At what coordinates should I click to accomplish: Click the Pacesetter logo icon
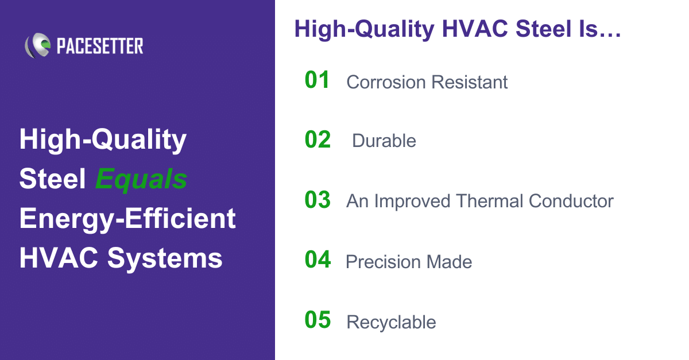(x=38, y=45)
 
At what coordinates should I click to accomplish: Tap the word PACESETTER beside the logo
(x=100, y=46)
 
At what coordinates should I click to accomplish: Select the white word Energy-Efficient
(x=127, y=219)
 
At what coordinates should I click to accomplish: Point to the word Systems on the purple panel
(x=165, y=258)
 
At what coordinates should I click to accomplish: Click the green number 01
(x=317, y=80)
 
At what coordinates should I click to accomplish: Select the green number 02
(x=318, y=140)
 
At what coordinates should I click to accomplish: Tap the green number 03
(x=318, y=200)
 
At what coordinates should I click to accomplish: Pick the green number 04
(x=318, y=260)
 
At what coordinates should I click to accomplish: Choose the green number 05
(x=318, y=320)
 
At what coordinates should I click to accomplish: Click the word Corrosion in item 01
(x=386, y=82)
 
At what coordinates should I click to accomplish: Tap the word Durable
(x=384, y=141)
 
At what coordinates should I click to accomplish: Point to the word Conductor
(x=571, y=201)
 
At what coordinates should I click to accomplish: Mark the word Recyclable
(x=391, y=323)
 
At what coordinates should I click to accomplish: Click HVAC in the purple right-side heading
(x=475, y=29)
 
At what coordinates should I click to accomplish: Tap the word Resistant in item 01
(x=470, y=82)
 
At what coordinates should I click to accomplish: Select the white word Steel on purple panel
(x=52, y=179)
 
